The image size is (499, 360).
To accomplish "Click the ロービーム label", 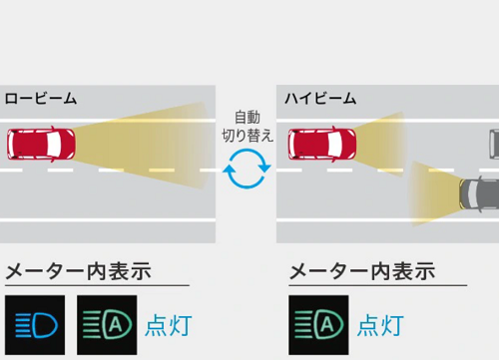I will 41,98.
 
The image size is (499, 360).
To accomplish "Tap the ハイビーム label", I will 320,98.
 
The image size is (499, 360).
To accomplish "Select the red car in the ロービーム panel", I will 40,145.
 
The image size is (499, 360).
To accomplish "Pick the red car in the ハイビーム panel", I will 320,145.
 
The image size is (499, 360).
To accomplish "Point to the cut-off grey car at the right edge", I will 493,144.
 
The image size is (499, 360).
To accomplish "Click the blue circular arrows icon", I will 247,169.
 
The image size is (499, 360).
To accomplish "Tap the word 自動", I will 247,117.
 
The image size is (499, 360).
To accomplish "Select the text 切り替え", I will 247,136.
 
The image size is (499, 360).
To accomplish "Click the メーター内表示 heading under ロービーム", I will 78,270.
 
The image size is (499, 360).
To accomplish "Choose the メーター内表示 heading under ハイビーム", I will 361,270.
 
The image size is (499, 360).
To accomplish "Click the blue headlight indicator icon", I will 35,324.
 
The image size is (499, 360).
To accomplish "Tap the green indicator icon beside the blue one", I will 106,324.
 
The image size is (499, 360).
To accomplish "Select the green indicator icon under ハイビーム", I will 318,324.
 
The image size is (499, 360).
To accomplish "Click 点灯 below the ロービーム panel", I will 168,325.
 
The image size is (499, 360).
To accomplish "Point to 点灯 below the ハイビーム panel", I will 380,325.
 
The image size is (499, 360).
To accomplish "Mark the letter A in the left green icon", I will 115,324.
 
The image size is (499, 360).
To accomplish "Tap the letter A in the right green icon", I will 327,324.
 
